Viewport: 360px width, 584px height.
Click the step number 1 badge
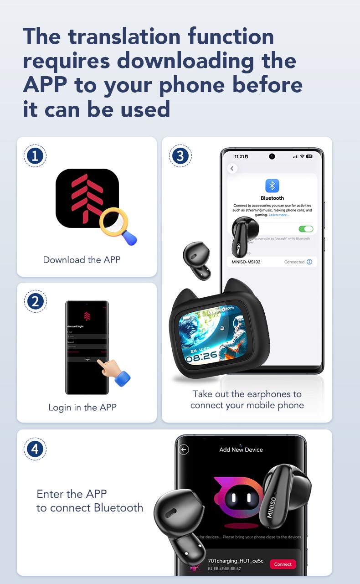pyautogui.click(x=35, y=156)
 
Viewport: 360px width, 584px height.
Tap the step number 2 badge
pyautogui.click(x=35, y=301)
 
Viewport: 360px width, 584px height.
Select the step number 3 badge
pyautogui.click(x=180, y=156)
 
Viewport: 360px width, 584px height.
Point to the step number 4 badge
pyautogui.click(x=35, y=450)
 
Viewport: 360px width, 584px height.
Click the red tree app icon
pyautogui.click(x=87, y=198)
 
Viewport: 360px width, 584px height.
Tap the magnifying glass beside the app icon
pyautogui.click(x=117, y=224)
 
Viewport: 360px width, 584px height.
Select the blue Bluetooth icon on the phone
pyautogui.click(x=272, y=186)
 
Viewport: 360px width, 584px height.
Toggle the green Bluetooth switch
pyautogui.click(x=305, y=229)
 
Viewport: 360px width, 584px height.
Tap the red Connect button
pyautogui.click(x=283, y=564)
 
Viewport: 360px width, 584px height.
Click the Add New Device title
pyautogui.click(x=241, y=450)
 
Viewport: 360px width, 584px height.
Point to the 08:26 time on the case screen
pyautogui.click(x=201, y=356)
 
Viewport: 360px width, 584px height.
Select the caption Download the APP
pyautogui.click(x=82, y=260)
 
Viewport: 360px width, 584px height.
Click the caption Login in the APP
pyautogui.click(x=82, y=407)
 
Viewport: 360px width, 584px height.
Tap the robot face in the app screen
pyautogui.click(x=240, y=496)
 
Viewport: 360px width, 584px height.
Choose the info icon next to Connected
pyautogui.click(x=309, y=262)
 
